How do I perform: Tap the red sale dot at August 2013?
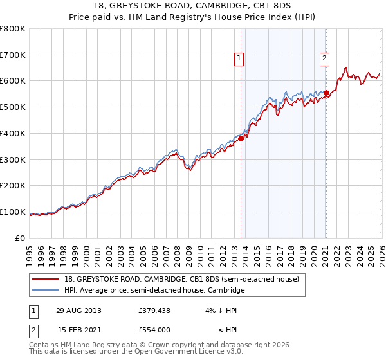241,138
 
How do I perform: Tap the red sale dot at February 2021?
326,93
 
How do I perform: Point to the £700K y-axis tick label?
13,55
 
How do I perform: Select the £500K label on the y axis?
13,107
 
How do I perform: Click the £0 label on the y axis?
19,238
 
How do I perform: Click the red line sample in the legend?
46,279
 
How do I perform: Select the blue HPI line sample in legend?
46,291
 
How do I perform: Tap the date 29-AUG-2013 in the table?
78,310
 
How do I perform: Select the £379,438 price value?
154,310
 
